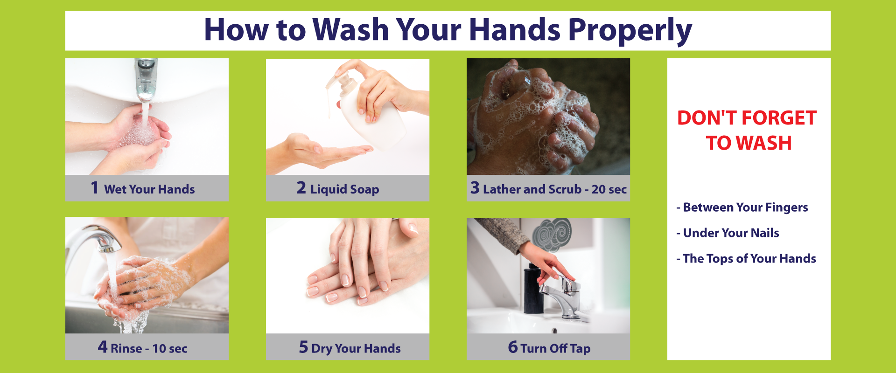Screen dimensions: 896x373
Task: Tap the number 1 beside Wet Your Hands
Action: (95, 187)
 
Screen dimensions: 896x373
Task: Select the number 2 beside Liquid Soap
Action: (301, 187)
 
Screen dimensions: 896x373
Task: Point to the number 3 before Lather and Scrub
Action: (475, 187)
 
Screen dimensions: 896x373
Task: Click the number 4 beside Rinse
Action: (103, 346)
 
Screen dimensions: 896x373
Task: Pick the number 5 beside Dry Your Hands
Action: (303, 347)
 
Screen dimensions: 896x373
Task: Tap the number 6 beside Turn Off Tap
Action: (513, 347)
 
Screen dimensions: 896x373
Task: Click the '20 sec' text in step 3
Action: (609, 189)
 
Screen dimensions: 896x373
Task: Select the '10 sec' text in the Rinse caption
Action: (170, 349)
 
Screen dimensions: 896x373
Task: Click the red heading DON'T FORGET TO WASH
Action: (748, 131)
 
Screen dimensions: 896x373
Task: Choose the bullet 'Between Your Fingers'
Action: (742, 207)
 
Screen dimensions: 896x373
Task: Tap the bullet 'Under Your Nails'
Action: (728, 233)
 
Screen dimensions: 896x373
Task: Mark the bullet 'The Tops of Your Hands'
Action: (746, 258)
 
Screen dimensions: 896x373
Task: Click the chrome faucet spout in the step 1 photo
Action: (146, 78)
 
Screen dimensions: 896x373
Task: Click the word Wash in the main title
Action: (351, 30)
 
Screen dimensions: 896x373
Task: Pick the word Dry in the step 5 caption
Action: (322, 349)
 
